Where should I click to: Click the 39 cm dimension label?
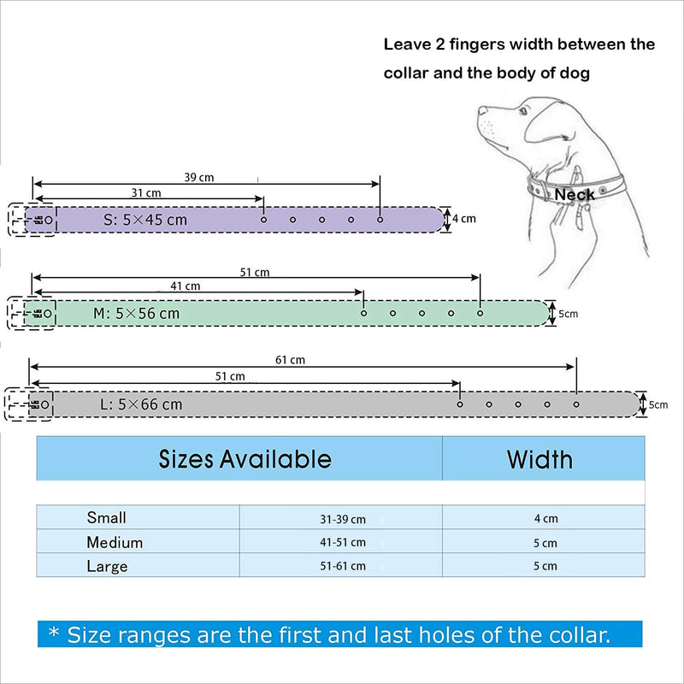coord(199,178)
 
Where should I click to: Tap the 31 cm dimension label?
coord(146,193)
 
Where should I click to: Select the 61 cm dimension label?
coord(290,360)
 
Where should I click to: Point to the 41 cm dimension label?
coord(186,286)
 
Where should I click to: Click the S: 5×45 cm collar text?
coord(145,220)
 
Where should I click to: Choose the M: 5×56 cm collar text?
coord(136,313)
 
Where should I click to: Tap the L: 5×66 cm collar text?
coord(141,404)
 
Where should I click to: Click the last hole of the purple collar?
coord(380,220)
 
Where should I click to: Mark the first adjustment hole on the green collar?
coord(363,313)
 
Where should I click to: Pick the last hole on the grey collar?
coord(576,404)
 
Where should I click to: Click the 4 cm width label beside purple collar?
coord(464,219)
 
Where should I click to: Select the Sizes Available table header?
coord(245,459)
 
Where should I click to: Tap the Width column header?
coord(540,459)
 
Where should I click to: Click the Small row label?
coord(106,517)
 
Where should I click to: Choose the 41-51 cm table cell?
coord(343,542)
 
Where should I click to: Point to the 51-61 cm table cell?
coord(343,566)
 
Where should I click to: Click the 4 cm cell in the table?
coord(545,518)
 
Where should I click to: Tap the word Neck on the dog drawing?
coord(574,195)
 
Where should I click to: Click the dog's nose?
coord(481,110)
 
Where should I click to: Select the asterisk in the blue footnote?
coord(54,631)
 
